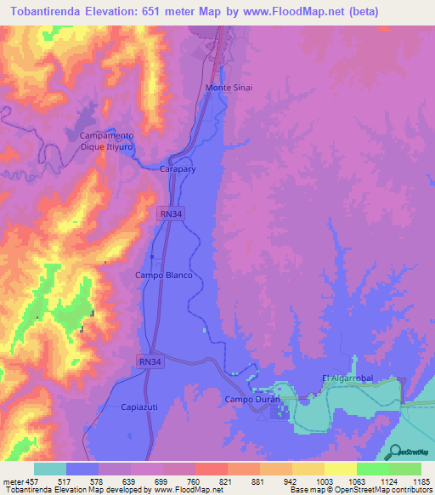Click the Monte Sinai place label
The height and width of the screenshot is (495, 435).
pyautogui.click(x=229, y=88)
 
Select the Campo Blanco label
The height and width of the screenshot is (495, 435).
pyautogui.click(x=164, y=276)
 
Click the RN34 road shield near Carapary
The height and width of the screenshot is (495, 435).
pyautogui.click(x=171, y=214)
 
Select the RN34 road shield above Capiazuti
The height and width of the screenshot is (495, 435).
pyautogui.click(x=150, y=361)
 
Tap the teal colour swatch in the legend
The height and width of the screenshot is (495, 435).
pyautogui.click(x=50, y=469)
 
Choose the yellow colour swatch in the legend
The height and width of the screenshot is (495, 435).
pyautogui.click(x=341, y=469)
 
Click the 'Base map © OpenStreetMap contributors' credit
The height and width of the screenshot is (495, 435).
pyautogui.click(x=360, y=490)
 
